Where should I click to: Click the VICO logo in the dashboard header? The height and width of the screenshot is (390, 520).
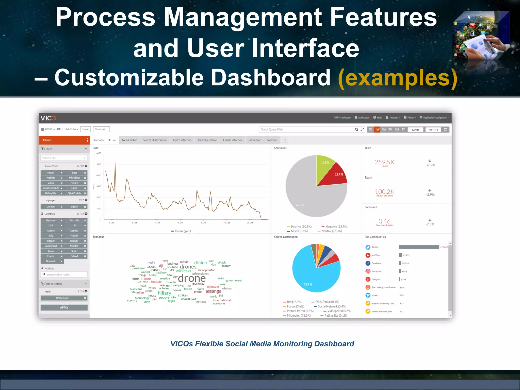coord(48,118)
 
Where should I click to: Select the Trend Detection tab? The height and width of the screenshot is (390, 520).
coord(207,140)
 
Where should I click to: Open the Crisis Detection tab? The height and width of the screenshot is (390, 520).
coord(233,140)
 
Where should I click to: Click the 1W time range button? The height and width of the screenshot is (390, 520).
coord(377,129)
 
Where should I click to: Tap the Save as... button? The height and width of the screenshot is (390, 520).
coord(101,129)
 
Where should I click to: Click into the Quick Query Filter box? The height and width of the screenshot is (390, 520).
coord(306,129)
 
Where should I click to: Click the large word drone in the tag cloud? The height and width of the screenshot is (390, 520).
coord(192,278)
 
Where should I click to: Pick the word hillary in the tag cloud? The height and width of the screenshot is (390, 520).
coord(164,293)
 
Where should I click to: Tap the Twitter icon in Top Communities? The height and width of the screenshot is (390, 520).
coord(368,247)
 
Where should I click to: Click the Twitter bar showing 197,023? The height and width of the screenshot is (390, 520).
coord(419,247)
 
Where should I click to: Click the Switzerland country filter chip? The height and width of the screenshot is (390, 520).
coord(51,246)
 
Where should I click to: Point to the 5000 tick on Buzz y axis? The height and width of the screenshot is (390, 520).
coord(99,164)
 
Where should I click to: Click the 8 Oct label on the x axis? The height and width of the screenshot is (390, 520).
coord(180,223)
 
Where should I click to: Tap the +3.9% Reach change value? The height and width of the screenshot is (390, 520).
coord(430,195)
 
